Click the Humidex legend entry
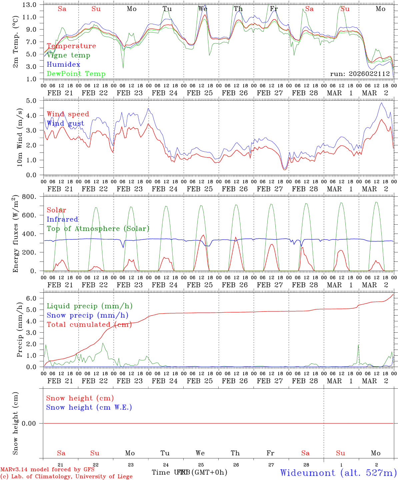click(x=63, y=65)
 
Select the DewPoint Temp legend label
click(x=76, y=74)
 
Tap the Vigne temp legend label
click(x=68, y=55)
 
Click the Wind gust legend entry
click(x=65, y=124)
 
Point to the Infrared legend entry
click(x=62, y=219)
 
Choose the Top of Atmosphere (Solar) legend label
click(x=98, y=229)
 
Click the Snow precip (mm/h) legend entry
click(x=87, y=315)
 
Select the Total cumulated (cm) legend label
click(x=89, y=325)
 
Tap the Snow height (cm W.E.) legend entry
click(x=89, y=407)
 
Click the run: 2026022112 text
click(x=360, y=74)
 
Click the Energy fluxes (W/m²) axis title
click(x=15, y=234)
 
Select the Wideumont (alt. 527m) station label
click(x=338, y=473)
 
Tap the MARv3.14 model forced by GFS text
click(x=47, y=470)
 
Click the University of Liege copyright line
click(x=66, y=477)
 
